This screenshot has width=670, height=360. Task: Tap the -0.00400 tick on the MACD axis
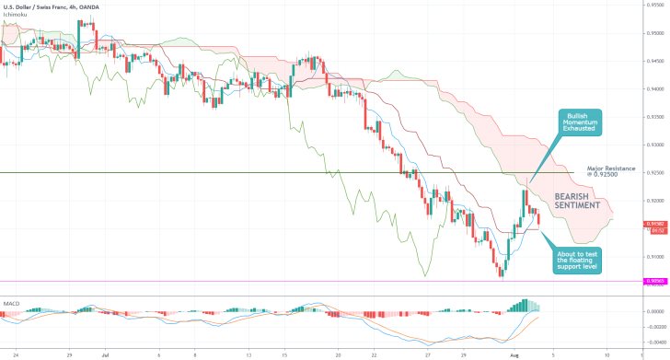click(x=655, y=340)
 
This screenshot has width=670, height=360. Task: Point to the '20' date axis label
click(x=338, y=352)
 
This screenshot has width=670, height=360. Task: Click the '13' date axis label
click(x=248, y=352)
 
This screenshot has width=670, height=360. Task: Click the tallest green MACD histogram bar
click(x=529, y=305)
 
